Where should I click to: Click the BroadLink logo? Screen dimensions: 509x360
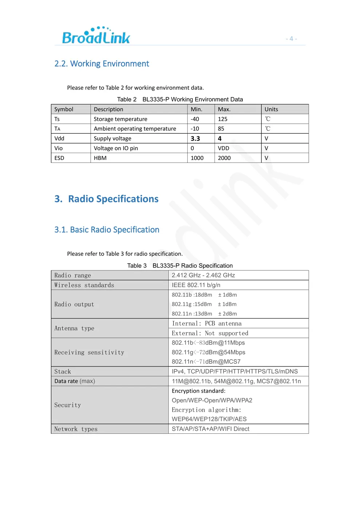point(96,36)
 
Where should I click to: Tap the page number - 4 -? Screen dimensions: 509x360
point(291,39)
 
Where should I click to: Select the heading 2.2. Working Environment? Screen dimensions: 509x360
point(101,64)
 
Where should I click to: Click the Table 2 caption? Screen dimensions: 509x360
point(180,99)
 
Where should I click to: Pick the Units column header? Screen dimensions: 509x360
point(271,109)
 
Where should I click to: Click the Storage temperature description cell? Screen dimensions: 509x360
point(120,119)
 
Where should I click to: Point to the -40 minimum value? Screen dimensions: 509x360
point(195,119)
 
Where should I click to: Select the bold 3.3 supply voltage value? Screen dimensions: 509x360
point(195,139)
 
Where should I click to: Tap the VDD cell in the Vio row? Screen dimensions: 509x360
point(223,148)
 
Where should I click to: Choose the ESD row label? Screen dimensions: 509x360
point(59,158)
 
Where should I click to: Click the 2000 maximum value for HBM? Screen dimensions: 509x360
point(224,158)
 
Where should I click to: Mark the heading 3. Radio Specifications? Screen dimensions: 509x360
point(107,199)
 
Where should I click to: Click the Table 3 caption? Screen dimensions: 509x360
point(180,265)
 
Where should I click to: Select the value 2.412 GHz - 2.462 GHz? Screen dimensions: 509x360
point(203,275)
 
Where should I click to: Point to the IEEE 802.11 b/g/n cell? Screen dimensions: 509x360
point(196,285)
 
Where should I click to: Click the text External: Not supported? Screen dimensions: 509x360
point(210,333)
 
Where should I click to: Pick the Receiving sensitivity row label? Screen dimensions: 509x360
point(89,352)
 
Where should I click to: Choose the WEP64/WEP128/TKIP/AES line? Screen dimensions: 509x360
point(209,419)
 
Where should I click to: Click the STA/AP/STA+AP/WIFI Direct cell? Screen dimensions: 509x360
point(211,429)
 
